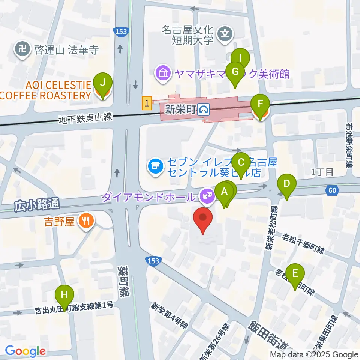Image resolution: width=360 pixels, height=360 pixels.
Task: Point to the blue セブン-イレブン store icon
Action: pyautogui.click(x=155, y=165)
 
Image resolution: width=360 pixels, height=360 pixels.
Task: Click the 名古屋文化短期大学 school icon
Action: pyautogui.click(x=226, y=34)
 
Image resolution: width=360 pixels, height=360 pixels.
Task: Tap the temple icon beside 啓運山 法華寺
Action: pyautogui.click(x=23, y=49)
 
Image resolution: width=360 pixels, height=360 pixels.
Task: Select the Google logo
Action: pyautogui.click(x=25, y=351)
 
